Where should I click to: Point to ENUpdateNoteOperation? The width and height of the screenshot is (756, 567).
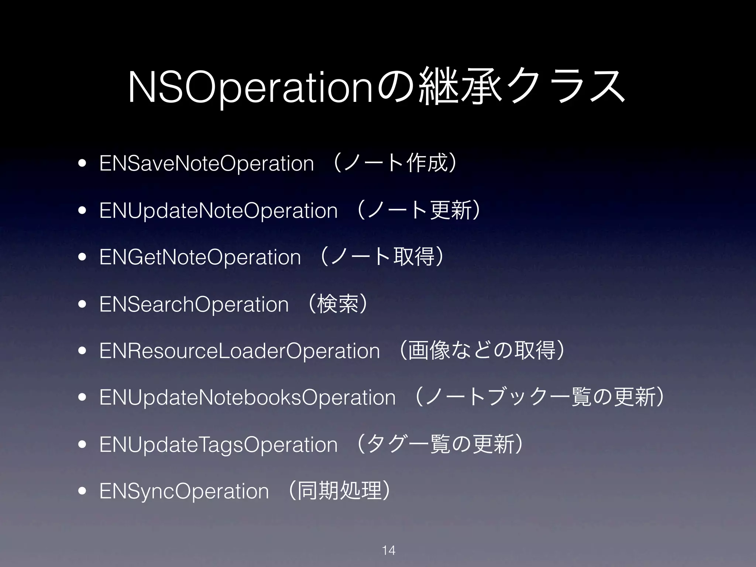[219, 210]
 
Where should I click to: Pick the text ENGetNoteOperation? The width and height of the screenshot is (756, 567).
[200, 257]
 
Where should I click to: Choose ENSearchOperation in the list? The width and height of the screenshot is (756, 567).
[194, 304]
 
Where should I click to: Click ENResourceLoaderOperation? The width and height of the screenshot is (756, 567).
[240, 351]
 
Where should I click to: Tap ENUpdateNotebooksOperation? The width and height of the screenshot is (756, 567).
[247, 398]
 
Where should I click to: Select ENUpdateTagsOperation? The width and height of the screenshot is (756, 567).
[219, 444]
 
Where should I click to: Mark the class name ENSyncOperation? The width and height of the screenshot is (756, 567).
[184, 491]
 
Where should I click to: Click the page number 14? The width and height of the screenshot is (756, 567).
[389, 550]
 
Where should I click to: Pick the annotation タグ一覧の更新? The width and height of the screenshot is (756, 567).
[441, 444]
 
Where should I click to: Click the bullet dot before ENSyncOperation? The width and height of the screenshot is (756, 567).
[82, 491]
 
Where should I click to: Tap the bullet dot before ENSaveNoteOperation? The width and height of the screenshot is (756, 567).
[82, 164]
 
